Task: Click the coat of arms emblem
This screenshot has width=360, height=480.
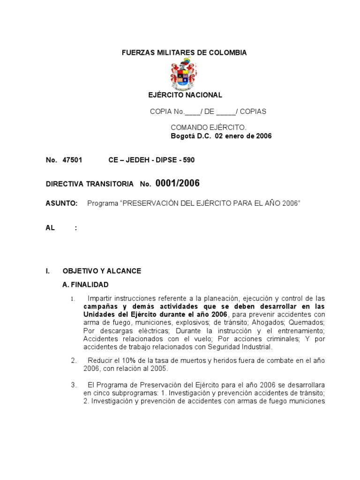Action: coord(184,74)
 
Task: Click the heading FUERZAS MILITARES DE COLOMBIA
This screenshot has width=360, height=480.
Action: coord(184,53)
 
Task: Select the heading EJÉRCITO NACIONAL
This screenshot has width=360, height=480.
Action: coord(185,95)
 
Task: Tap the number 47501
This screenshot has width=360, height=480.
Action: coord(72,160)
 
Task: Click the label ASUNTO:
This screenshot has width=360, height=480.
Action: coord(61,203)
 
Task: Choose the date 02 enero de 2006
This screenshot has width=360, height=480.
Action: coord(243,136)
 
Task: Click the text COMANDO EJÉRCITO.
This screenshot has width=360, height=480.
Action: coord(209,127)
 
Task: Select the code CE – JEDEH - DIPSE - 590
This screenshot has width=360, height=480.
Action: coord(151,160)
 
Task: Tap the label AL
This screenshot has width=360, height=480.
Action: coord(50,228)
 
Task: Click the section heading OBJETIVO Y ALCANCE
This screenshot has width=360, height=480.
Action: coord(102,271)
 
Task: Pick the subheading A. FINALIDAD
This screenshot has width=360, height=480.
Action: coord(85,285)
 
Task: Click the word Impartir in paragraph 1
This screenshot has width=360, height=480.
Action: coord(100,299)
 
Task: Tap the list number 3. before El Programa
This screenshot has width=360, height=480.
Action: coord(74,385)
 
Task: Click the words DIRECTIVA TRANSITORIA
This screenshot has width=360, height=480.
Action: coord(90,184)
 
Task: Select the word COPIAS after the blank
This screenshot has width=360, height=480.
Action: coord(253,112)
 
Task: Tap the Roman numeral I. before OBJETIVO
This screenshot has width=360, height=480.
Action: coord(47,271)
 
